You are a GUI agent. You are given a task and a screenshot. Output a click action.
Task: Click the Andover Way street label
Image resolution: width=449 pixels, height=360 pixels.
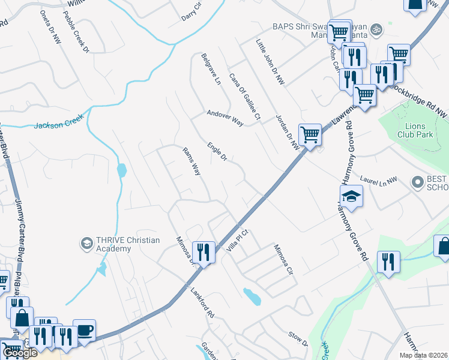click(x=225, y=118)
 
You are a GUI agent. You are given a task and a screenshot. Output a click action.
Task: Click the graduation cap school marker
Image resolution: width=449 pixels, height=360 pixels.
click(x=351, y=196)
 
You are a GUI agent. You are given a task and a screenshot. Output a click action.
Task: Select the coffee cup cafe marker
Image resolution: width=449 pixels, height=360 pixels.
click(x=84, y=330)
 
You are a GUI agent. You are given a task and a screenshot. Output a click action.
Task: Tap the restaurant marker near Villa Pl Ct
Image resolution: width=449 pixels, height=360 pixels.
click(x=204, y=252)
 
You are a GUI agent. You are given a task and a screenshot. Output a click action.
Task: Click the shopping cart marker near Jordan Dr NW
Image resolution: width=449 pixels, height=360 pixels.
click(x=310, y=134)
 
